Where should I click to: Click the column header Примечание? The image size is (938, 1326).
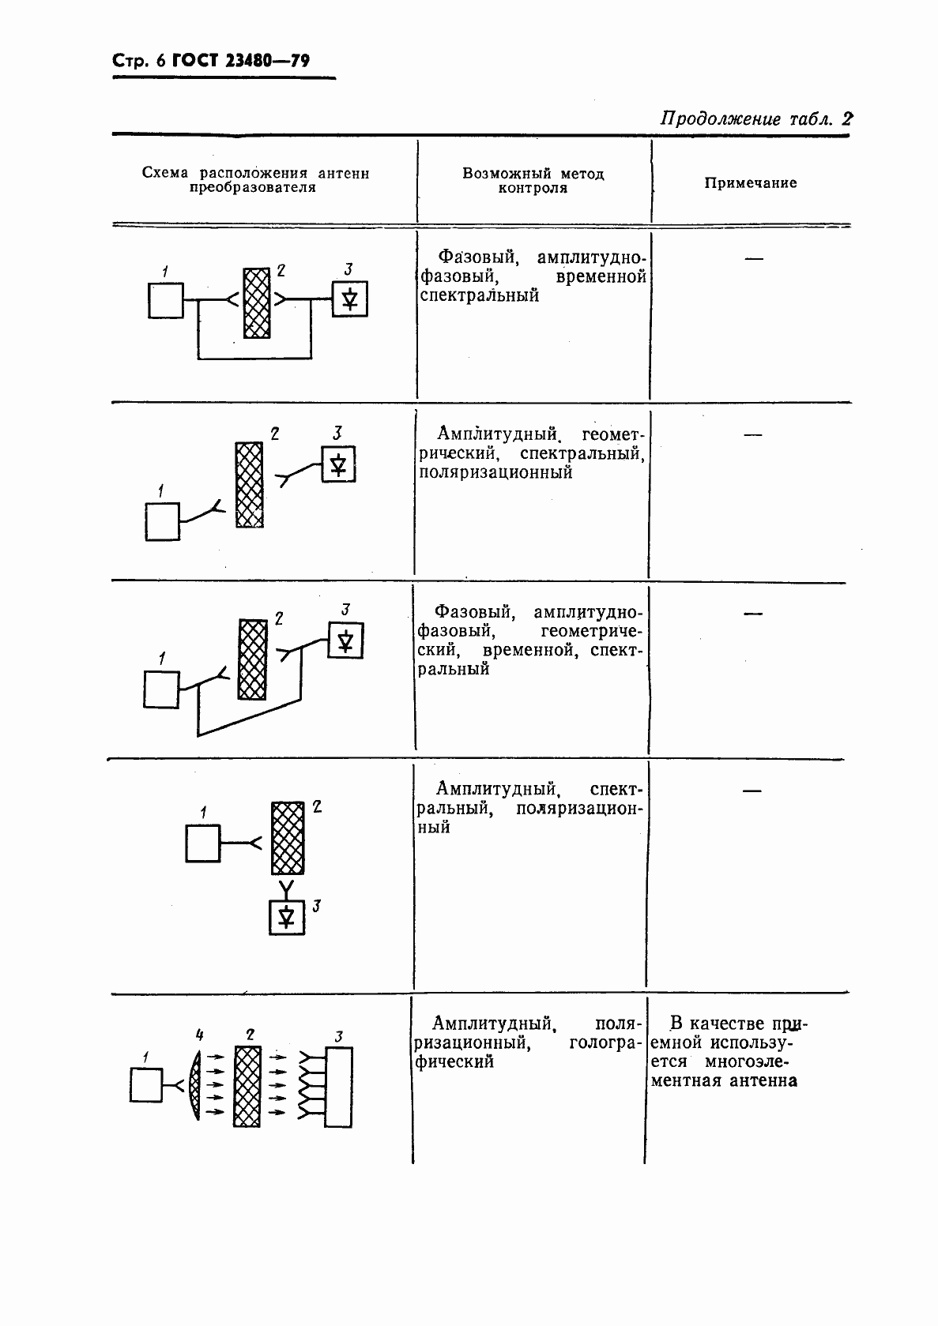click(750, 183)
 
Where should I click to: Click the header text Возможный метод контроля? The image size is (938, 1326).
click(533, 181)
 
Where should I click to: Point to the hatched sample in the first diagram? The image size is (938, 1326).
click(256, 302)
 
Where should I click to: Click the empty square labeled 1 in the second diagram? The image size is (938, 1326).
click(163, 523)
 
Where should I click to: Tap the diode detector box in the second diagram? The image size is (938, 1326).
click(338, 464)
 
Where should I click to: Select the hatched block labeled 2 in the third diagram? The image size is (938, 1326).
click(252, 659)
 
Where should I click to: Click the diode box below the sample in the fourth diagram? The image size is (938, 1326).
click(287, 917)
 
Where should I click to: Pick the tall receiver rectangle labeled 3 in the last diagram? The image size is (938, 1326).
click(338, 1087)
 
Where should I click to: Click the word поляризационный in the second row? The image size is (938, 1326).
click(495, 472)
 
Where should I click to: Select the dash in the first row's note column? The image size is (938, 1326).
click(754, 258)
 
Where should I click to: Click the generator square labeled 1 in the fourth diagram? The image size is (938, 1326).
click(203, 843)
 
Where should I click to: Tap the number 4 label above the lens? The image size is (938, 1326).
click(200, 1034)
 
